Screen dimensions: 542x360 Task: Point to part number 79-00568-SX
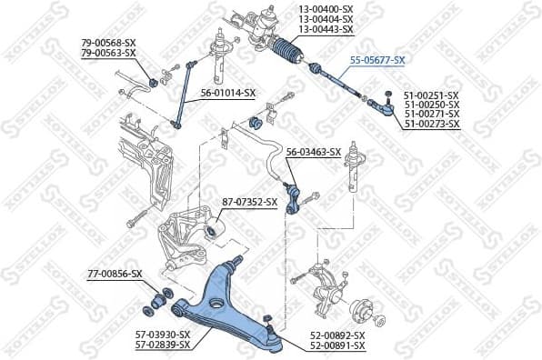[108, 43]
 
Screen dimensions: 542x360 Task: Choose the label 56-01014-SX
[228, 93]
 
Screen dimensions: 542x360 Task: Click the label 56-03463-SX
[313, 152]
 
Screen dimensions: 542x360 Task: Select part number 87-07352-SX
[249, 201]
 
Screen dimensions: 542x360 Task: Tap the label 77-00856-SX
[115, 273]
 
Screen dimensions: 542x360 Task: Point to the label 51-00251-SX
[432, 95]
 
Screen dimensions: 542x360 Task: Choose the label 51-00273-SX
[432, 124]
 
